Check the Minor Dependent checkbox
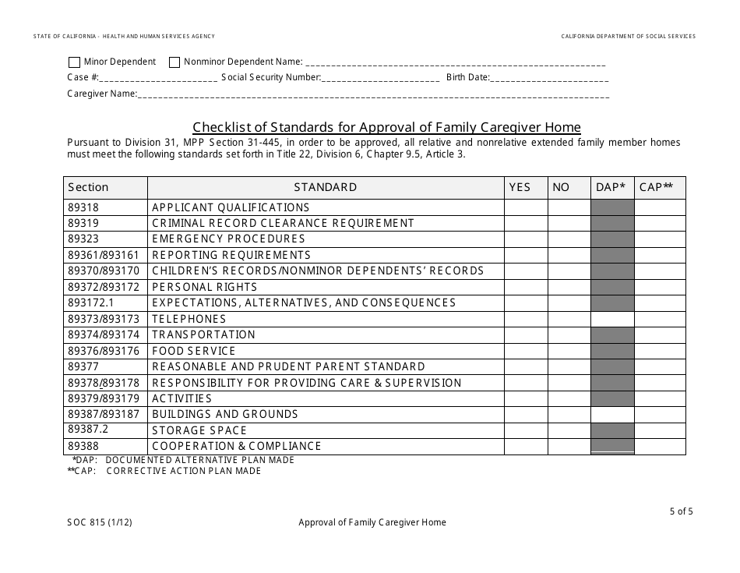coord(74,62)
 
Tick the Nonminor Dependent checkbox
coord(174,62)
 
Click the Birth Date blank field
coord(549,78)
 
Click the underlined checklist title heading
coord(386,127)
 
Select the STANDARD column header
coord(326,187)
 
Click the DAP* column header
coord(612,187)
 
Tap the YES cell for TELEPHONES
coord(526,319)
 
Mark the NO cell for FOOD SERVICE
coord(569,351)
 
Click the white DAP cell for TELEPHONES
coord(612,319)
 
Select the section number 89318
coord(83,208)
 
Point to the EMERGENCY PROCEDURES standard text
coord(228,239)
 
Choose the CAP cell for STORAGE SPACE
coord(660,430)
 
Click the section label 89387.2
coord(87,430)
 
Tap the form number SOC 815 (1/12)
coord(100,522)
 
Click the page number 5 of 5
coord(680,512)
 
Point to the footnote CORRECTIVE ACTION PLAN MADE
coord(184,471)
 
